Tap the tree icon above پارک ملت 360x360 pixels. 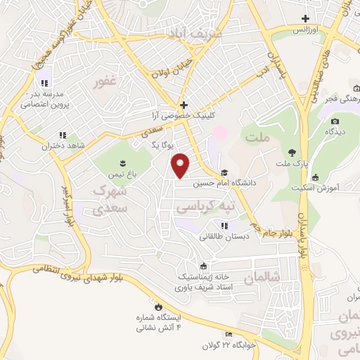[290, 153]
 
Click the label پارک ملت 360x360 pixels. [290, 165]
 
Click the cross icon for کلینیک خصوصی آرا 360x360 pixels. [184, 105]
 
